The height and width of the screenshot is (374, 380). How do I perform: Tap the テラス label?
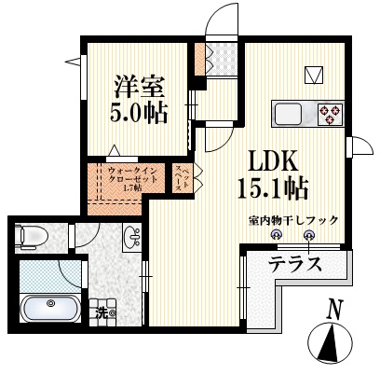(x=295, y=264)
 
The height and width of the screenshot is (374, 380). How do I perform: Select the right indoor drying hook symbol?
(x=309, y=237)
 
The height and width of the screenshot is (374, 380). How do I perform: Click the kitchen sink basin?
(x=289, y=114)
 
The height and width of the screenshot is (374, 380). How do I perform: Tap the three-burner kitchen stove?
(x=330, y=114)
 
